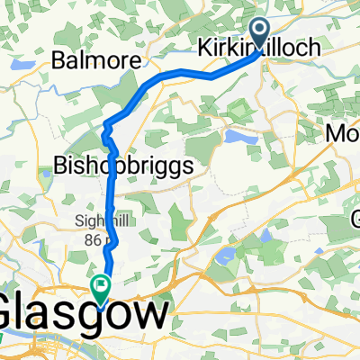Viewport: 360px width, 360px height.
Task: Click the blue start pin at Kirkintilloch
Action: (x=261, y=34)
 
